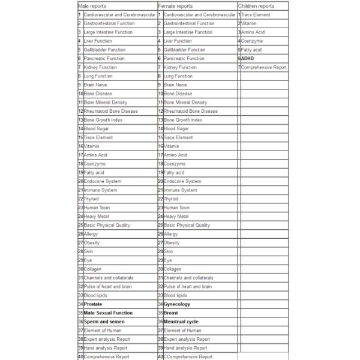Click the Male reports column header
92,5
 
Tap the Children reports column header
256,5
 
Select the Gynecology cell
177,304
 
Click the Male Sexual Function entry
108,313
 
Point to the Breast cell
171,313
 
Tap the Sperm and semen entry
104,322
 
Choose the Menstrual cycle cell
181,322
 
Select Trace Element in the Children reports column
255,14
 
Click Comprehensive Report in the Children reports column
264,67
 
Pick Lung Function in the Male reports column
98,76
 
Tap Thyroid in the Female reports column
171,199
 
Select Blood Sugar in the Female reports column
176,128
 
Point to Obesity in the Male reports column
92,242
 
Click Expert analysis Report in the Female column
187,339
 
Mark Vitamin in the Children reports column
248,23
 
